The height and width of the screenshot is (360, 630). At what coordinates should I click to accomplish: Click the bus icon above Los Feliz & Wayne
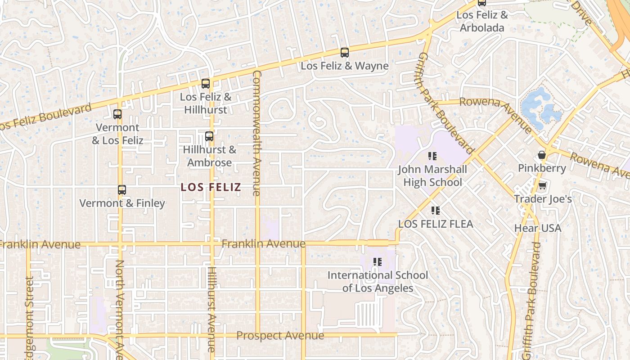click(344, 53)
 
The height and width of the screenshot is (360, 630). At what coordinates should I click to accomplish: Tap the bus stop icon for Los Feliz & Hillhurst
click(206, 84)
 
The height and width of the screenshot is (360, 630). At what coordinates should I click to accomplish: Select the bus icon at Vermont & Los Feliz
click(117, 114)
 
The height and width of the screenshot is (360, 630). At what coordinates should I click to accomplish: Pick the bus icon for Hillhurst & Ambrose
click(209, 136)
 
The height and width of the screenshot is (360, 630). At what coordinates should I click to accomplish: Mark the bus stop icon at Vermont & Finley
click(122, 190)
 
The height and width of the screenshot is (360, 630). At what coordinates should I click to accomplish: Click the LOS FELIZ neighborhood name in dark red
click(211, 187)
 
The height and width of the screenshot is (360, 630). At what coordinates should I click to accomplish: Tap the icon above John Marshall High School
click(432, 157)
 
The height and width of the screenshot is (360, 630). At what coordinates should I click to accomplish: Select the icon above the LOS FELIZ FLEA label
click(435, 211)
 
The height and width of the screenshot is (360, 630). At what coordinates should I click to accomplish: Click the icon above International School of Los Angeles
click(378, 262)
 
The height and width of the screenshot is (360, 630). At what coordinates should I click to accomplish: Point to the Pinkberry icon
click(542, 155)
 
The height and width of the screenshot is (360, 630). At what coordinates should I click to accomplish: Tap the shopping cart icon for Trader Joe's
click(543, 185)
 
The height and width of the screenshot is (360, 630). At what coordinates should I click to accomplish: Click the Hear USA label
click(538, 228)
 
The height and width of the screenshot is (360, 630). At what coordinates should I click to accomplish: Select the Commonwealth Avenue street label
click(256, 133)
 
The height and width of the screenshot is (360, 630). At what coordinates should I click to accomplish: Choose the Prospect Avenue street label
click(280, 336)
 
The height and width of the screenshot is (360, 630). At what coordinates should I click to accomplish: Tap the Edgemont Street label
click(29, 317)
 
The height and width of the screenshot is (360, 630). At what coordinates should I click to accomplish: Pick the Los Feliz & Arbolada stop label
click(482, 21)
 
